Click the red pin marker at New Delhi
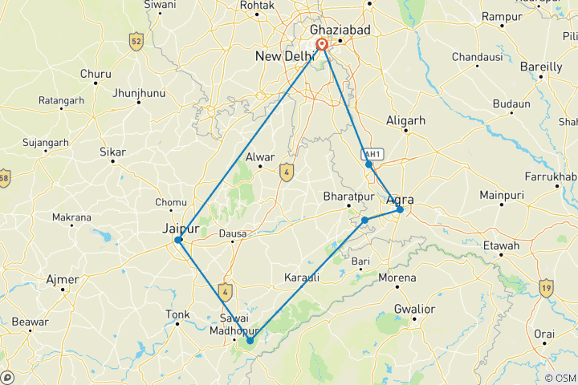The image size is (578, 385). tap(322, 46)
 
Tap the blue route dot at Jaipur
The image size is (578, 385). tap(179, 240)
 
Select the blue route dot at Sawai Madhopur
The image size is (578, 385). tap(250, 341)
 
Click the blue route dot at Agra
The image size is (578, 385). tap(400, 210)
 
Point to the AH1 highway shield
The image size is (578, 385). tap(372, 153)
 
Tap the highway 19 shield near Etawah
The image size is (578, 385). tap(547, 287)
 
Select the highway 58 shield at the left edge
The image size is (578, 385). tap(4, 177)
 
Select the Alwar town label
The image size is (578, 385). tap(261, 157)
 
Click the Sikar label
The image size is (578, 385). tap(112, 150)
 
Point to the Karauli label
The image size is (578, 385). tap(302, 278)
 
